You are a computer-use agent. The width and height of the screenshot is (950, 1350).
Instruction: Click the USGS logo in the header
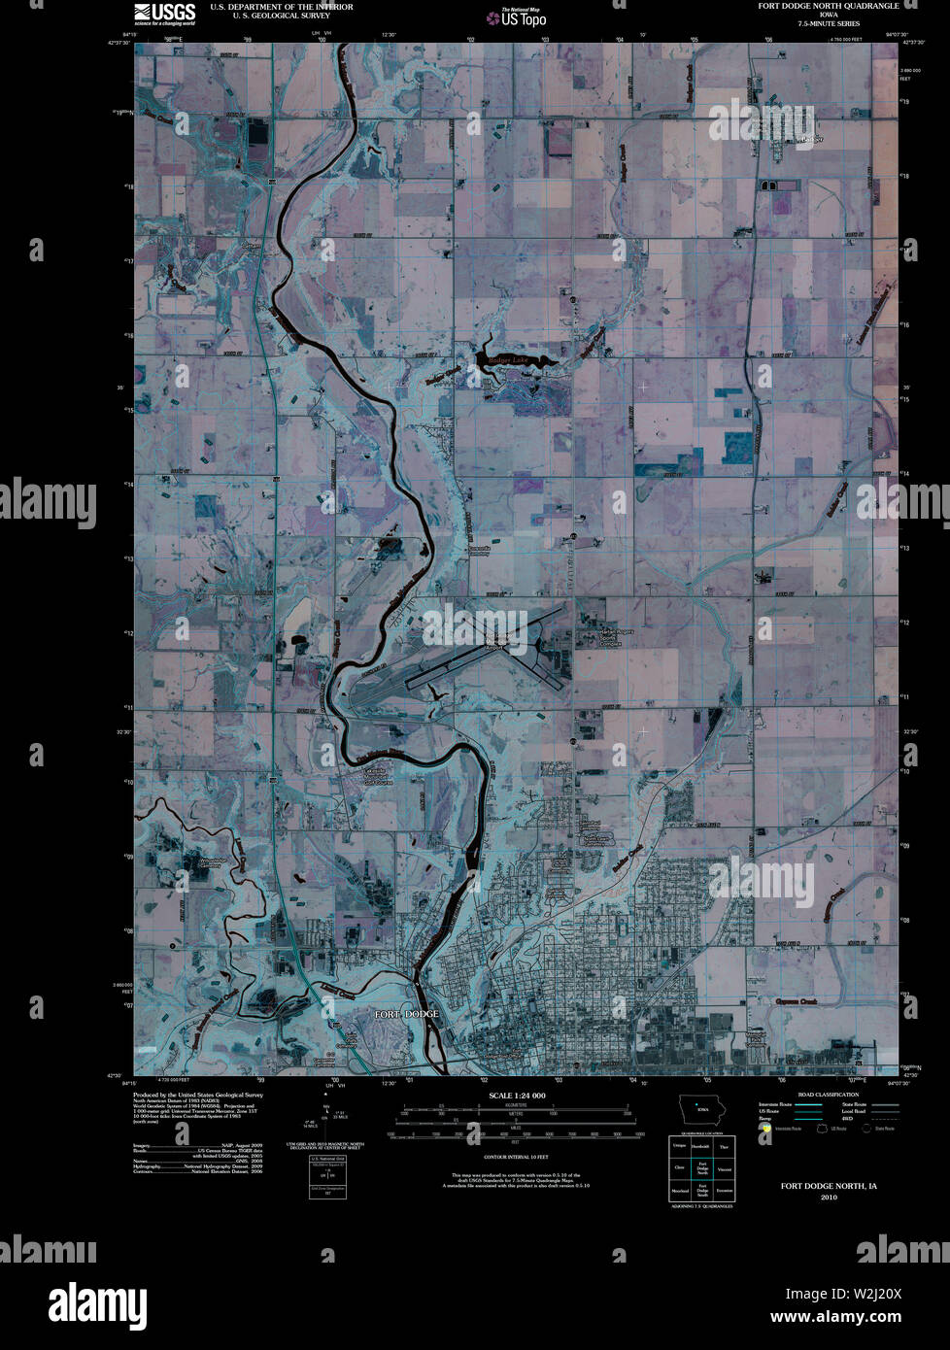pos(165,13)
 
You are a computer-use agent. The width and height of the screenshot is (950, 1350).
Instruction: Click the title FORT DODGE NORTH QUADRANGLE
pos(829,6)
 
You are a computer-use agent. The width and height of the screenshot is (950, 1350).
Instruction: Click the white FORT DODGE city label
pos(407,1014)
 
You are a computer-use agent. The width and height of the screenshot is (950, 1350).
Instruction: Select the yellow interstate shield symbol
pos(766,1129)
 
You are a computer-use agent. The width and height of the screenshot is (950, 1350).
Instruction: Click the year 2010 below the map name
pos(829,1198)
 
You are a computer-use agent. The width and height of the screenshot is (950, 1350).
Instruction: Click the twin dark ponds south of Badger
pos(768,185)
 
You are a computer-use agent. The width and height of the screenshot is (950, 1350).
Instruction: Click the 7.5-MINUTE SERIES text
pos(829,23)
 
